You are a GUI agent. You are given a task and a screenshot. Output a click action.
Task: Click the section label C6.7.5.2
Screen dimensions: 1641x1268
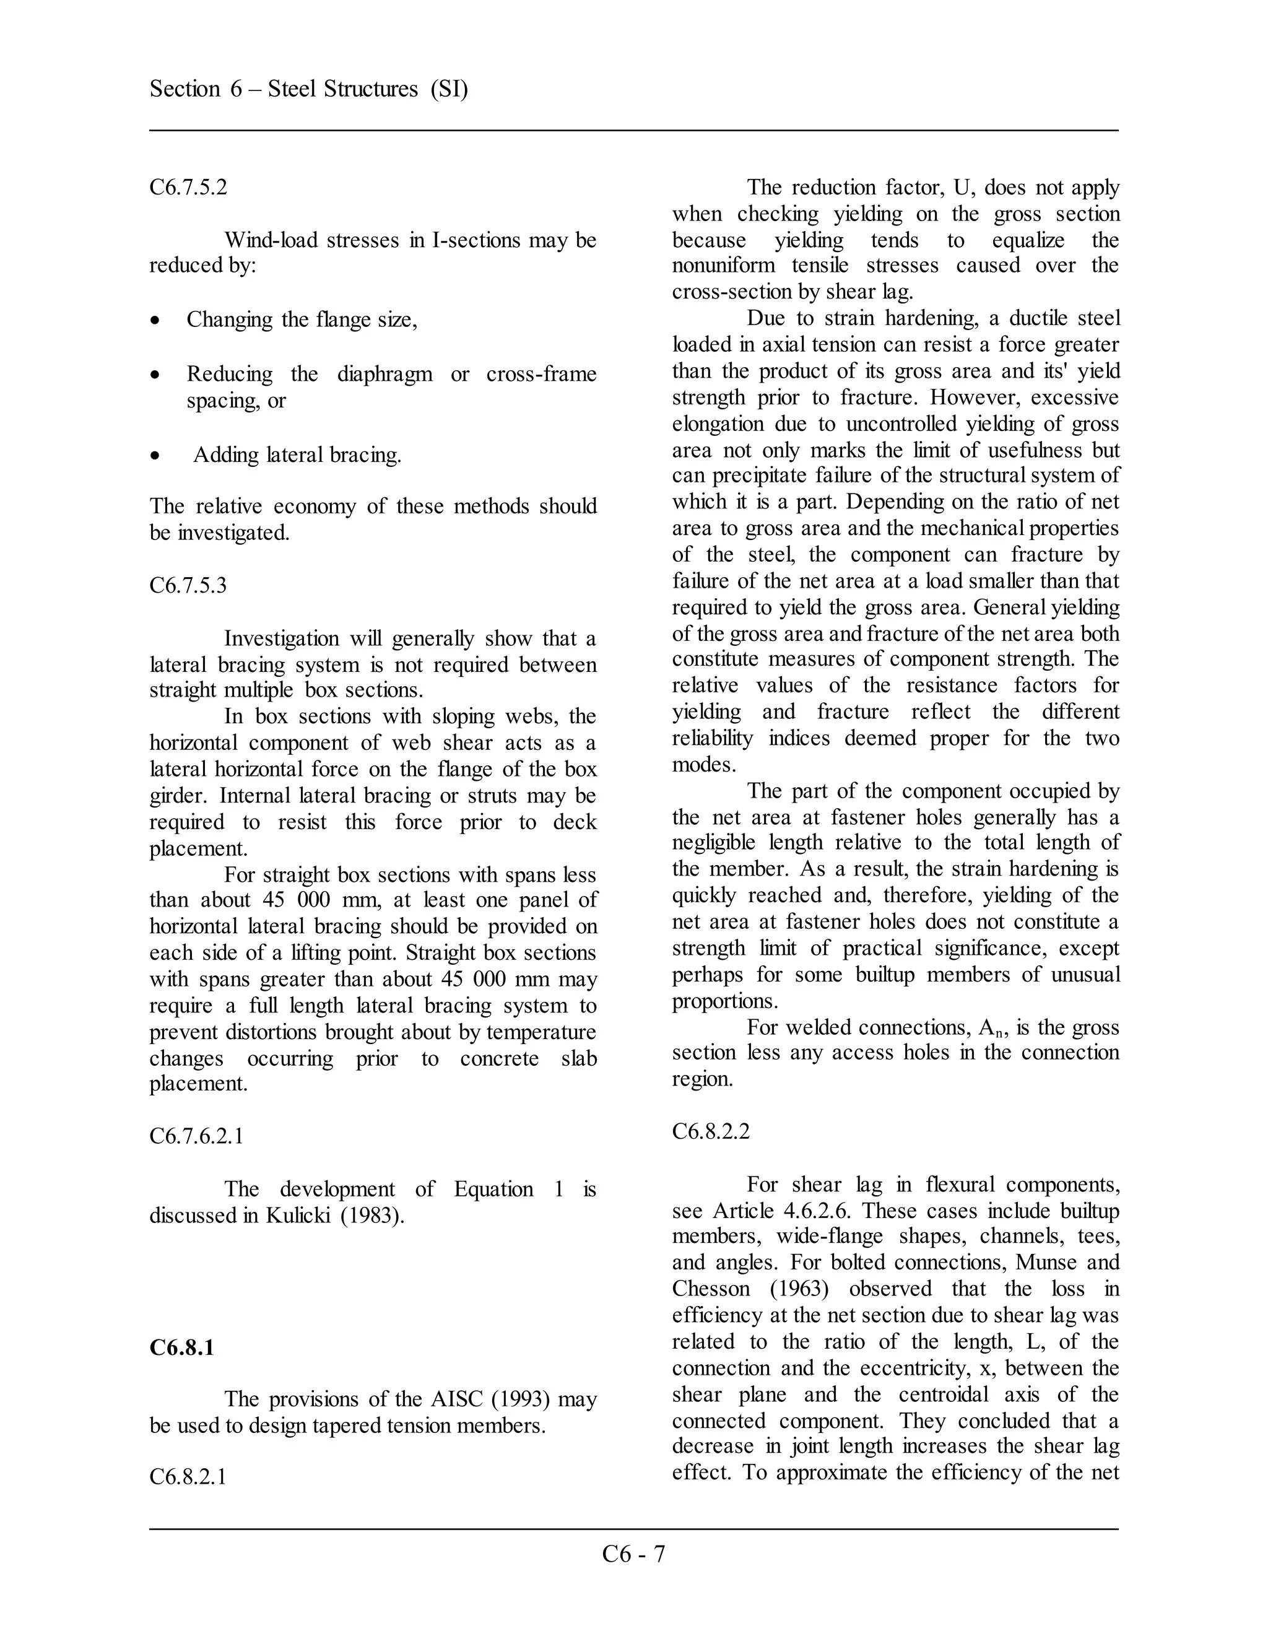point(188,187)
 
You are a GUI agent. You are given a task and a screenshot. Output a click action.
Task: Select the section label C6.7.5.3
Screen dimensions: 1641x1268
point(188,585)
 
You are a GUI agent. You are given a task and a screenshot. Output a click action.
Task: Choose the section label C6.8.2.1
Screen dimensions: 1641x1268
point(188,1477)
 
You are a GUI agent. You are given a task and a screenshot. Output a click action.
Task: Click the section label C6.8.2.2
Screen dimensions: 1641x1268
point(711,1131)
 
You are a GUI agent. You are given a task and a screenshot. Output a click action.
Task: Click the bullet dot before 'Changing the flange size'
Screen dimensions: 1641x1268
point(155,321)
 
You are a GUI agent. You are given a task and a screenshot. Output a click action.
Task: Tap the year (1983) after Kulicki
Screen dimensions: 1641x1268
point(373,1216)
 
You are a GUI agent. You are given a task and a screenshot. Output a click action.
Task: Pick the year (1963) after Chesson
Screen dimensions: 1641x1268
point(799,1289)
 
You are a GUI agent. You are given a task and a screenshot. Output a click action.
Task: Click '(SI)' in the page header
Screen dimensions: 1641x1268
point(449,89)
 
